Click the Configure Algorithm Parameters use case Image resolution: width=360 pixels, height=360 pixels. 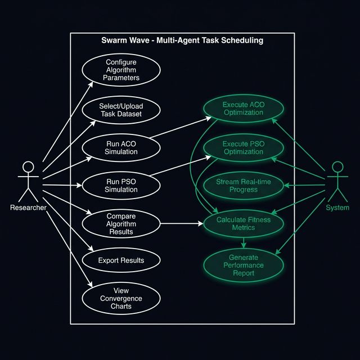[x=121, y=70]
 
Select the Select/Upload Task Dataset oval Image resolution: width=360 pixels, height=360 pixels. [x=121, y=109]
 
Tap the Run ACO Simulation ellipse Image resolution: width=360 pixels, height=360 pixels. [x=121, y=147]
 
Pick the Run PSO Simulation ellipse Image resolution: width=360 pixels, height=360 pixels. [x=121, y=185]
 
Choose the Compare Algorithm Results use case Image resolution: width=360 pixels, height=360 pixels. [x=121, y=223]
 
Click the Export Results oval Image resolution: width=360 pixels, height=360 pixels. [x=121, y=260]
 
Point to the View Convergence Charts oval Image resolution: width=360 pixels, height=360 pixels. [x=121, y=299]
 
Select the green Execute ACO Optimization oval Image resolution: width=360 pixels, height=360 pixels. [x=243, y=109]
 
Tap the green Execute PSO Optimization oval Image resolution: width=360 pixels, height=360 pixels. [x=243, y=147]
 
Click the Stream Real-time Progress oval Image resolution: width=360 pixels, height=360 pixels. [x=243, y=186]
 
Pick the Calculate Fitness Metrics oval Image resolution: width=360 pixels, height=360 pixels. [x=243, y=223]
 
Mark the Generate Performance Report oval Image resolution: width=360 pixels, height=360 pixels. [x=243, y=265]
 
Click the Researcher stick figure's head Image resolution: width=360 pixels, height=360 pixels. [x=28, y=168]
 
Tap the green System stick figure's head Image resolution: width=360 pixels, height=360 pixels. [x=337, y=168]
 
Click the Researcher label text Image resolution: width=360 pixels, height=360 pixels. [x=28, y=208]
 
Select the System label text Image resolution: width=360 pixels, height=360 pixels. [x=337, y=208]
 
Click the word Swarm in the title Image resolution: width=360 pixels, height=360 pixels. [x=114, y=40]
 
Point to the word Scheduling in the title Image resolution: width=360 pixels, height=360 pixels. [x=242, y=40]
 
